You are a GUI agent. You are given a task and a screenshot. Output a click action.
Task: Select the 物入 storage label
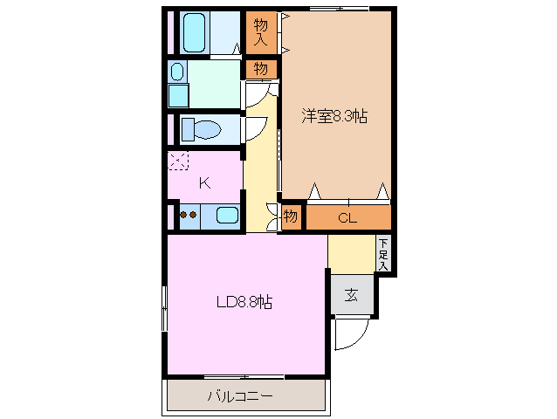pos(261,32)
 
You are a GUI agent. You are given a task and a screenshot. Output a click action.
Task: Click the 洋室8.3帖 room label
pos(334,115)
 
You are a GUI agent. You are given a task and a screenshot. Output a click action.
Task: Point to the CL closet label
pos(347,217)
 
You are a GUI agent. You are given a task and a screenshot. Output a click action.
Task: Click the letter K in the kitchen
pos(204,182)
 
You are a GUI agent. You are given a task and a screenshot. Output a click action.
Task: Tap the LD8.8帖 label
pos(244,303)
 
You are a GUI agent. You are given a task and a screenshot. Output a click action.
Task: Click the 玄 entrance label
pos(351,295)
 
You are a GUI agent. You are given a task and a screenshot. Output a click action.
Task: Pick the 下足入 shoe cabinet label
pos(383,254)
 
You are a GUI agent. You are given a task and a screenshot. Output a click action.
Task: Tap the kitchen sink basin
pos(226,215)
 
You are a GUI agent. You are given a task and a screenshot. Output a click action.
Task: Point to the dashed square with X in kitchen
pos(178,161)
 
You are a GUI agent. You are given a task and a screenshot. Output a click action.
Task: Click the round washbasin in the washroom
pos(178,72)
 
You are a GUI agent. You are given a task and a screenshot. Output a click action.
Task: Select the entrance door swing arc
pos(354,334)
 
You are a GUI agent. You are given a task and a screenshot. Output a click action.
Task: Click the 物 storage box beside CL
pos(291,216)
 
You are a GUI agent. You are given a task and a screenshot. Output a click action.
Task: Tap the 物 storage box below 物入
pos(261,68)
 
